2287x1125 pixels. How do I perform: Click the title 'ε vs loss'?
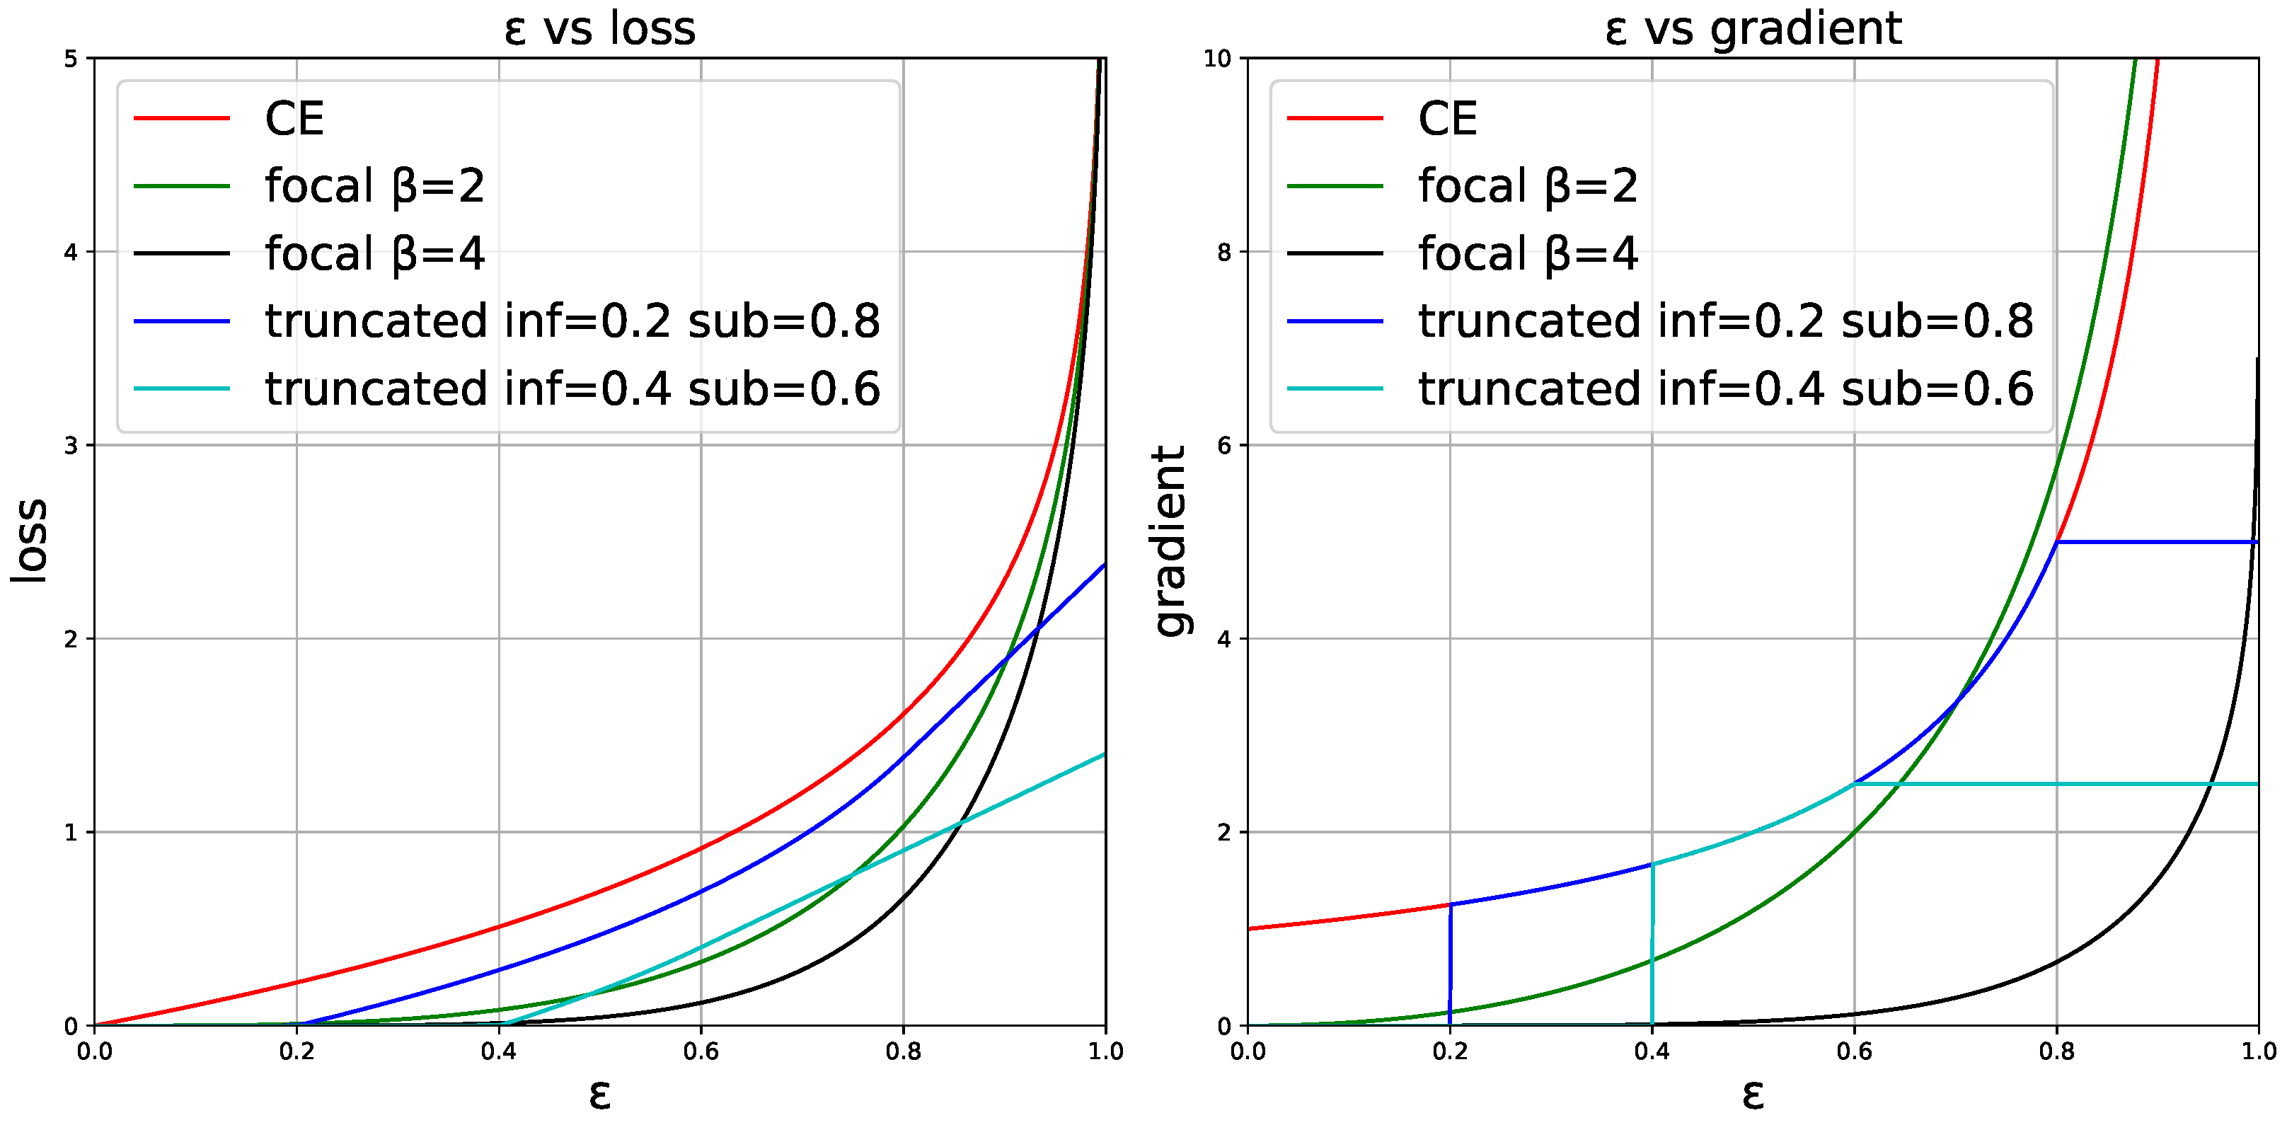click(599, 28)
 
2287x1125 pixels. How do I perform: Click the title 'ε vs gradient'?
click(1753, 28)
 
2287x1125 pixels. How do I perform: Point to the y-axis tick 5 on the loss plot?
click(71, 59)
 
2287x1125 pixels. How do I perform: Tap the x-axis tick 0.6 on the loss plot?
click(701, 1052)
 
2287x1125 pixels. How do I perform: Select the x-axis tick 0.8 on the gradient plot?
click(2056, 1052)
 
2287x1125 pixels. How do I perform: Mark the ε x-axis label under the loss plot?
click(599, 1095)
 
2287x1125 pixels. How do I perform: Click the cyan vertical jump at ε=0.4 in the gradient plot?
click(1652, 946)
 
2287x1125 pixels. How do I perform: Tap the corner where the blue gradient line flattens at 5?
click(2057, 542)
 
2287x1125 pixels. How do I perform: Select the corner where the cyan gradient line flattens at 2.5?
click(1855, 784)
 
